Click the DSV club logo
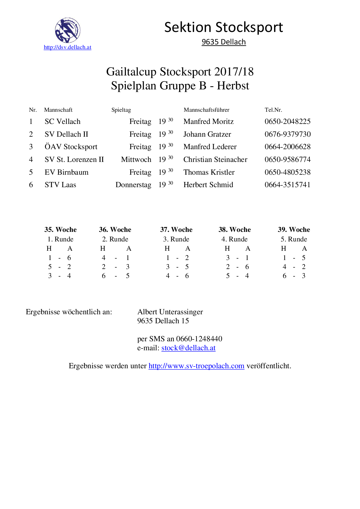click(x=68, y=30)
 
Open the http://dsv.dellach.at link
click(x=67, y=47)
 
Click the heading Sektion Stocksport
click(x=224, y=28)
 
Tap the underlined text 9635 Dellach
click(x=224, y=42)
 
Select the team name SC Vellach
click(x=62, y=122)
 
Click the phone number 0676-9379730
click(x=287, y=134)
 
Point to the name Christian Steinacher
click(x=215, y=160)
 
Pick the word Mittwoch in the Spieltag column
click(x=136, y=160)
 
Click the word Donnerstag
click(x=133, y=185)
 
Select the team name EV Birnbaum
click(x=66, y=172)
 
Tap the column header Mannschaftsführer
click(x=206, y=110)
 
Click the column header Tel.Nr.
click(x=273, y=110)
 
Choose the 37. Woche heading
click(x=176, y=230)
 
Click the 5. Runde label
click(x=294, y=239)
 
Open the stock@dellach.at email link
click(x=188, y=348)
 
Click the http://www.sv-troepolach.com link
click(x=196, y=366)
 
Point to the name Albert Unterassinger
click(x=170, y=312)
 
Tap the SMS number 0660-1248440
click(x=199, y=339)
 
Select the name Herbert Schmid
click(x=208, y=185)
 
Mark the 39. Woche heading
click(x=294, y=230)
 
